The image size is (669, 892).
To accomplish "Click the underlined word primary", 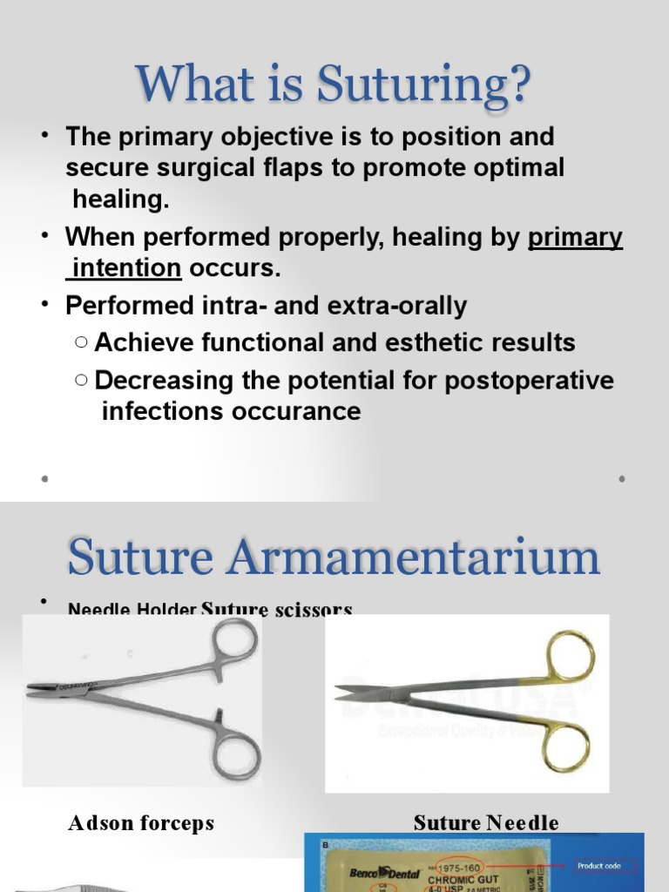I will pos(576,237).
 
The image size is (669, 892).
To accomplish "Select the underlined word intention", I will pos(127,267).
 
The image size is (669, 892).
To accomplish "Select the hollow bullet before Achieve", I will pos(81,343).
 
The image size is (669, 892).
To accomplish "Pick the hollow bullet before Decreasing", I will pos(81,381).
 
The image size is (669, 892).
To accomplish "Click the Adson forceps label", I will pos(141,823).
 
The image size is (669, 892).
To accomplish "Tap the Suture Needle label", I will pos(486,823).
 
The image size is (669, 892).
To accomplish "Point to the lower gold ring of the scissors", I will pos(567,747).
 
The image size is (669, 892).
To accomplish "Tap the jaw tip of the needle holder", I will pos(33,689).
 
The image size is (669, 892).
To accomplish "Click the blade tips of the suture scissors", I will pos(341,692).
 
